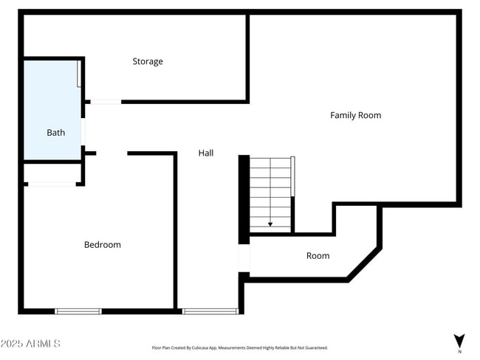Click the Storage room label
pos(148,61)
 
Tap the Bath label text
pos(56,133)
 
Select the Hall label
pos(206,153)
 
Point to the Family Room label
pos(355,115)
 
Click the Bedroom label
pos(102,244)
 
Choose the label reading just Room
pos(318,255)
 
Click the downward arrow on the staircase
pos(270,222)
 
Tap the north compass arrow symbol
pos(459,342)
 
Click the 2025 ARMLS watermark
pos(31,344)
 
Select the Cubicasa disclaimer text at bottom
pos(239,347)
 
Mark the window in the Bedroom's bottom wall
pos(78,311)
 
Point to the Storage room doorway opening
pos(106,102)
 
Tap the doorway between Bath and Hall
pos(83,133)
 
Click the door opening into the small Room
pos(244,258)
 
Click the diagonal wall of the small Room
pos(365,264)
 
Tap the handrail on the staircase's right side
pos(293,176)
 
